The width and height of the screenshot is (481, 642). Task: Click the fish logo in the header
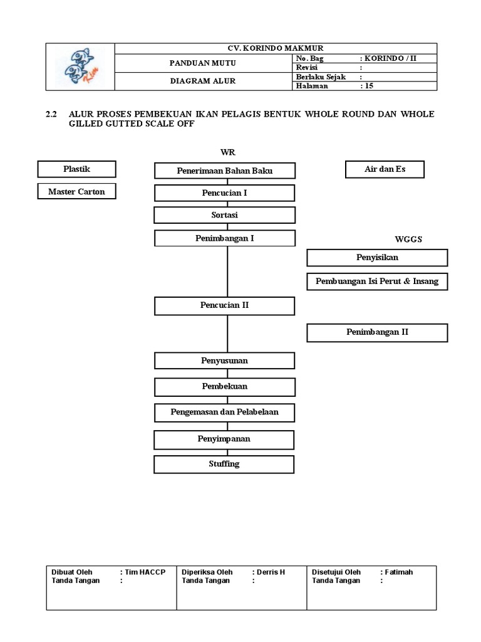point(81,67)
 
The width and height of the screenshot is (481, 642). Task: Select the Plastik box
point(77,169)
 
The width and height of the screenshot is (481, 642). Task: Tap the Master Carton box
point(77,191)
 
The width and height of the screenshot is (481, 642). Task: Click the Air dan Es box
point(385,169)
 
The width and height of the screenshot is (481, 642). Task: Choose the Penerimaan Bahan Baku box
point(225,171)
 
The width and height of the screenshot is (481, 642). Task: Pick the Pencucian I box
point(225,193)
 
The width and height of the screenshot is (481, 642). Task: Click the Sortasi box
point(225,215)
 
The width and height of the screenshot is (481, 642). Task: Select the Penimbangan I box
point(225,238)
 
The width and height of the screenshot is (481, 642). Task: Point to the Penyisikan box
point(377,258)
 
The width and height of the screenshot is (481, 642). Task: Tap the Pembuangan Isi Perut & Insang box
point(377,282)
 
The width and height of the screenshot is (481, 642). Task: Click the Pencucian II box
point(225,305)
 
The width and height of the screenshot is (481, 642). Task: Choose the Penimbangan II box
point(377,332)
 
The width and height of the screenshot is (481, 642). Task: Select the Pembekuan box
point(225,386)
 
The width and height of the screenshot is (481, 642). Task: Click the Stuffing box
point(225,464)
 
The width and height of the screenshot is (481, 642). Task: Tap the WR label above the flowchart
point(227,153)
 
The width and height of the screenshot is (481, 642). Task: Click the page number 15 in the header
point(369,86)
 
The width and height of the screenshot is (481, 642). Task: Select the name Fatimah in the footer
point(400,572)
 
